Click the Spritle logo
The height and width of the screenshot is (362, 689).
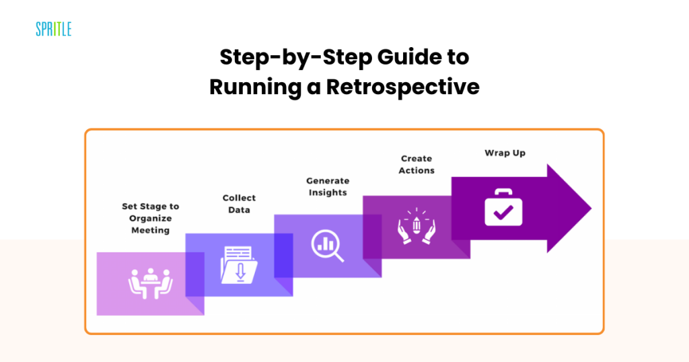[x=54, y=29]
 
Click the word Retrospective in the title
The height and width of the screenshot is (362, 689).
[x=402, y=87]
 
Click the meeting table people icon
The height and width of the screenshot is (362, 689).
[x=151, y=284]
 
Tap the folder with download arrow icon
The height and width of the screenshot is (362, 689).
[x=239, y=265]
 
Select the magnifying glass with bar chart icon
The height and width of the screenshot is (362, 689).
[x=328, y=246]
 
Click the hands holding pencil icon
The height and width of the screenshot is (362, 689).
[x=416, y=226]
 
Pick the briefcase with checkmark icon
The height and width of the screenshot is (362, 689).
[x=503, y=207]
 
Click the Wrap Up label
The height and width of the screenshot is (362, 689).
[x=505, y=153]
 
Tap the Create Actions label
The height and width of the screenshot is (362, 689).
[x=416, y=164]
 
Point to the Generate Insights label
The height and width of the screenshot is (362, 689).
[x=328, y=186]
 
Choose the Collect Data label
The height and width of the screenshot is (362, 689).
[x=239, y=204]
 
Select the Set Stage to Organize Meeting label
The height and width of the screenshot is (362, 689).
[x=150, y=218]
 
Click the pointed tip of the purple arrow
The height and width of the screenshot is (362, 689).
[x=591, y=208]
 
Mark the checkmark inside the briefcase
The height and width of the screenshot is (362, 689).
[x=503, y=213]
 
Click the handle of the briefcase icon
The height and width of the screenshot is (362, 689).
[x=503, y=192]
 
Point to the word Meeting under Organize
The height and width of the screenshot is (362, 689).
[x=150, y=230]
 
